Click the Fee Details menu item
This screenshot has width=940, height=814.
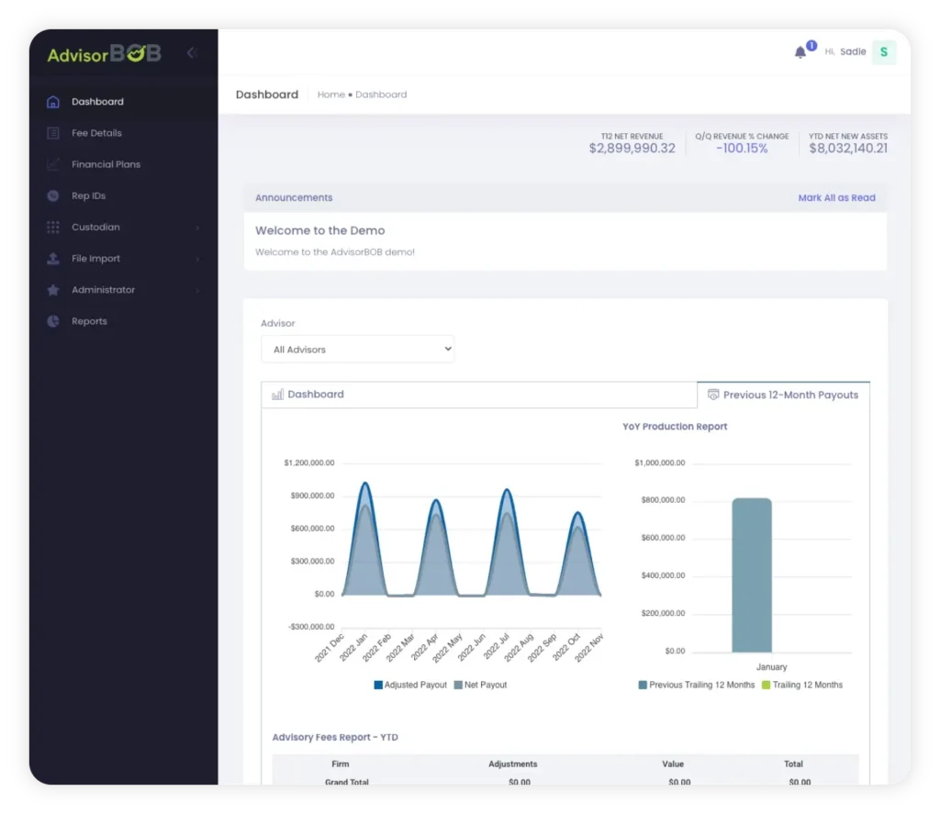coord(96,133)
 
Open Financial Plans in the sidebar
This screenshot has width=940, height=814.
coord(106,164)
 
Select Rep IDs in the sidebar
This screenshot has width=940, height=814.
coord(88,195)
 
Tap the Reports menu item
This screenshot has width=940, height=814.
coord(89,321)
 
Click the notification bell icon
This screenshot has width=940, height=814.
coord(800,52)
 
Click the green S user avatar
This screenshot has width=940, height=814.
coord(883,52)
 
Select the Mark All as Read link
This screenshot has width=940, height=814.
coord(836,197)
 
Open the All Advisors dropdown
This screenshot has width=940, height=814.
coord(357,349)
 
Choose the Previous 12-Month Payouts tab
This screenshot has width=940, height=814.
coord(783,395)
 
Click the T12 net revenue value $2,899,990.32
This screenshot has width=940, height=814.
coord(632,148)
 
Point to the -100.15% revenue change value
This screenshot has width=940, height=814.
coord(742,148)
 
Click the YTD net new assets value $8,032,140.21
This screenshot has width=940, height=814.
coord(848,148)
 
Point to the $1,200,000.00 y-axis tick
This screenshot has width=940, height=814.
coord(309,463)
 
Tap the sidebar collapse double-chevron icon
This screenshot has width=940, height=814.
coord(192,53)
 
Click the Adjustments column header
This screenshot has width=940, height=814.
coord(513,764)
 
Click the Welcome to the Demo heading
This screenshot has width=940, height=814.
coord(319,230)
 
